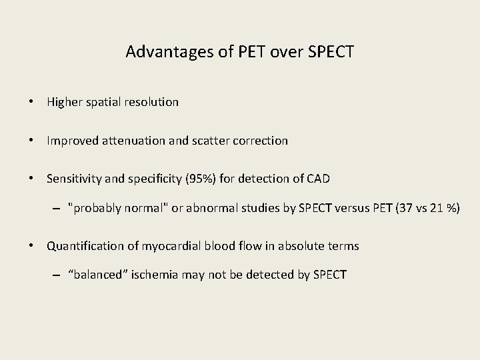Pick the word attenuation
pos(128,141)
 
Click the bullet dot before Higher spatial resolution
pos(31,103)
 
